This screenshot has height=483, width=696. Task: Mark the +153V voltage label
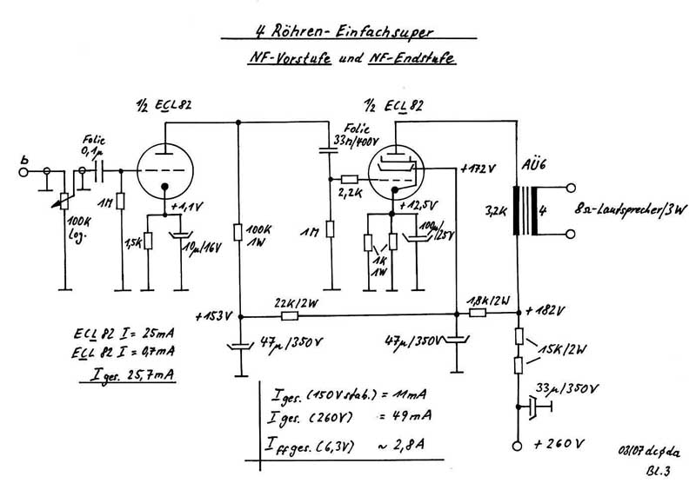[212, 314]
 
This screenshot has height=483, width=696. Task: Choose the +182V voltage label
[545, 311]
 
